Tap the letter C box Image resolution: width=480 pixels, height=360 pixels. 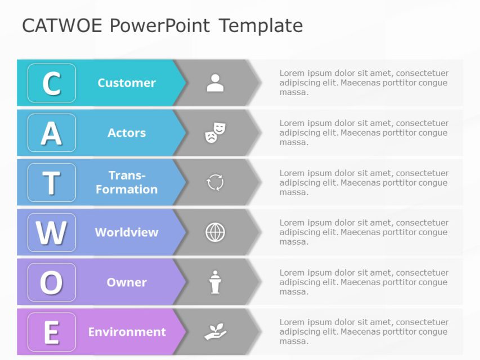click(52, 83)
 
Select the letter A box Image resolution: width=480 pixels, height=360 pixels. click(52, 133)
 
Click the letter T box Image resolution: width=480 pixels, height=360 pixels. click(52, 183)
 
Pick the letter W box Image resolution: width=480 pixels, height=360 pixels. click(52, 232)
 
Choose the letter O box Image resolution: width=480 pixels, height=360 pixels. click(52, 282)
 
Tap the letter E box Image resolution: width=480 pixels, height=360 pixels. click(52, 332)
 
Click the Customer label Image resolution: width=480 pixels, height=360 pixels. click(127, 83)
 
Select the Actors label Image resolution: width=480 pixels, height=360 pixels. click(127, 133)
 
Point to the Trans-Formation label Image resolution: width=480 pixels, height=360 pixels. click(127, 182)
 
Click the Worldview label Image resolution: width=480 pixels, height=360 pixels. click(127, 232)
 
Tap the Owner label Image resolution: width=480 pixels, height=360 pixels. click(127, 282)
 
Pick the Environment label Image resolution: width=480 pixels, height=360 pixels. click(127, 332)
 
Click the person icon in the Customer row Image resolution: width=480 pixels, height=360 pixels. click(215, 83)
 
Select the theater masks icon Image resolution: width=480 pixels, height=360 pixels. click(215, 133)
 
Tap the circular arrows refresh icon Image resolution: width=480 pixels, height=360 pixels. click(215, 182)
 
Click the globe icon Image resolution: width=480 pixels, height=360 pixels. click(215, 232)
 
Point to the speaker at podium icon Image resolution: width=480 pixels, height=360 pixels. click(215, 282)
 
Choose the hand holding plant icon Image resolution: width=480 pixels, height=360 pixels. click(215, 332)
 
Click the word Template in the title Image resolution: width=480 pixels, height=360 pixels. click(261, 26)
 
